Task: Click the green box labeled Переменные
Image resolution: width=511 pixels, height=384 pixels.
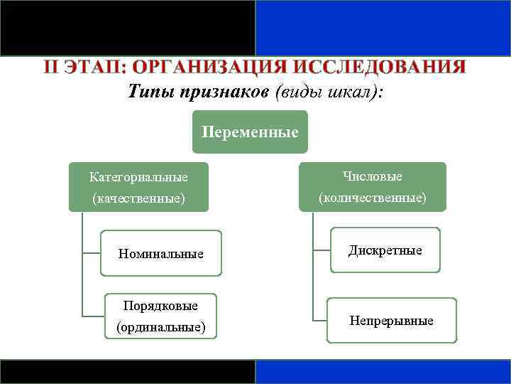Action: [x=250, y=132]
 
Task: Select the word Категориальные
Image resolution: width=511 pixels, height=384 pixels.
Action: [x=138, y=176]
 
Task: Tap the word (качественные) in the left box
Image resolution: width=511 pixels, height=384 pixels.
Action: [x=138, y=199]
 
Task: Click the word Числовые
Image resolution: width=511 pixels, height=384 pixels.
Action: [x=372, y=176]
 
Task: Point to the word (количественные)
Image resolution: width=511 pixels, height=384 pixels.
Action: [x=373, y=198]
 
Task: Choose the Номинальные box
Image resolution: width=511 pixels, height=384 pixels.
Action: [x=161, y=253]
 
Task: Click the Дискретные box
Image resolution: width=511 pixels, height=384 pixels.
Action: [x=385, y=250]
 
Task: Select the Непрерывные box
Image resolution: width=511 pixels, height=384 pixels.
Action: [x=391, y=321]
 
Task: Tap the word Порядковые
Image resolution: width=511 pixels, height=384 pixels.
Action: [x=160, y=305]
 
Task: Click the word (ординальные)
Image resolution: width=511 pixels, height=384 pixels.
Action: [x=160, y=327]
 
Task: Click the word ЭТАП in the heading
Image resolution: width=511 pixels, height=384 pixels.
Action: [x=95, y=68]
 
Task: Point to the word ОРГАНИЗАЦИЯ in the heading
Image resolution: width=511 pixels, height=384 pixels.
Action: [x=211, y=68]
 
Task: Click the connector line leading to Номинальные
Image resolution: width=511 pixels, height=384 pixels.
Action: [x=92, y=253]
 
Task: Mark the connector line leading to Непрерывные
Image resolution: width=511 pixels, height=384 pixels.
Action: [x=319, y=321]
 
